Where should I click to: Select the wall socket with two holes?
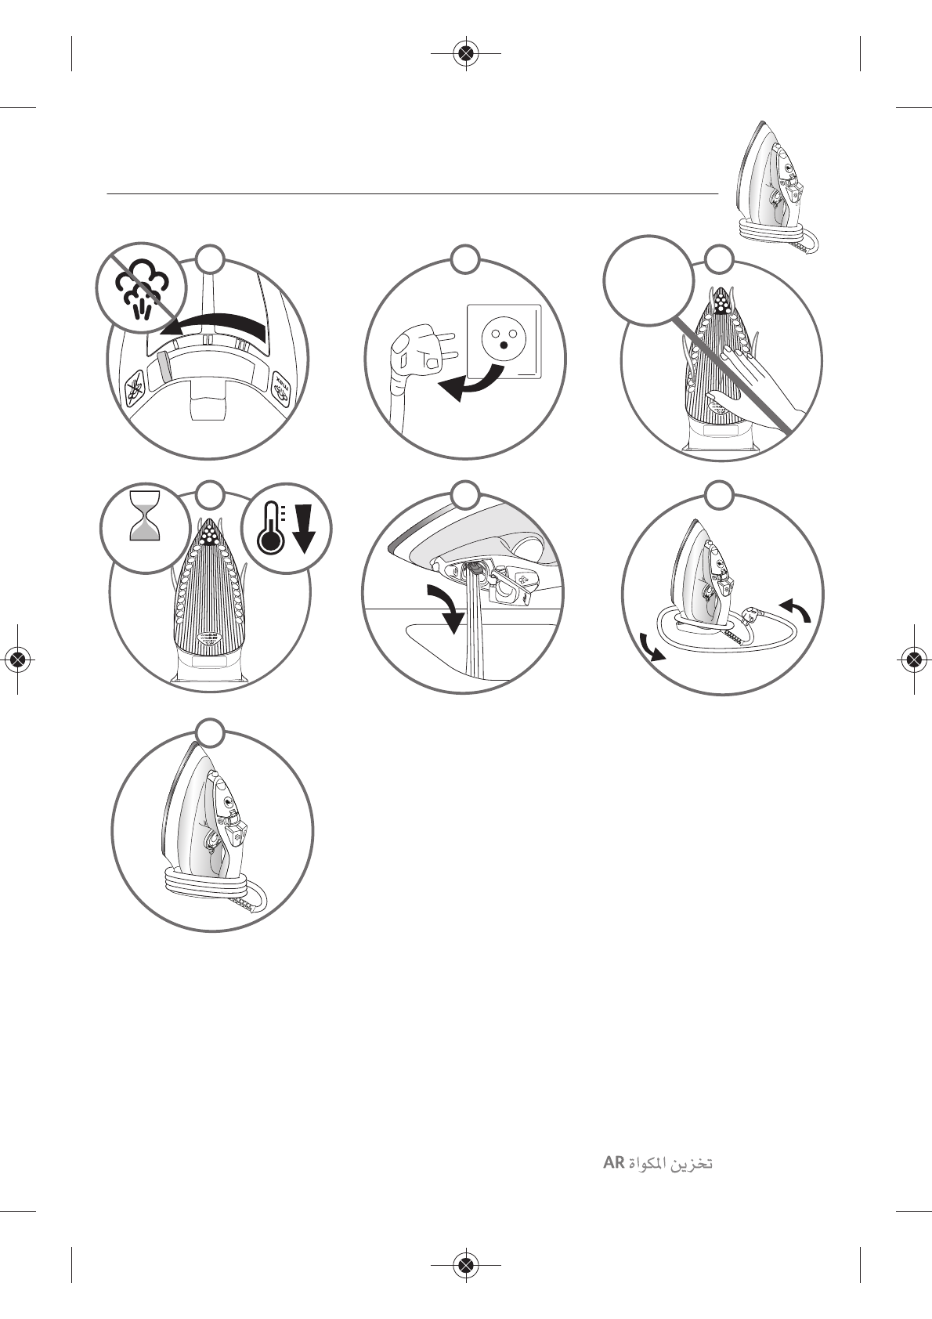click(x=504, y=340)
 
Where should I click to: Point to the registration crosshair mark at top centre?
click(x=466, y=53)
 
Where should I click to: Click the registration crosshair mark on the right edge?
click(x=913, y=659)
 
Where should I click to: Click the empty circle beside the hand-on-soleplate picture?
click(x=648, y=280)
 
